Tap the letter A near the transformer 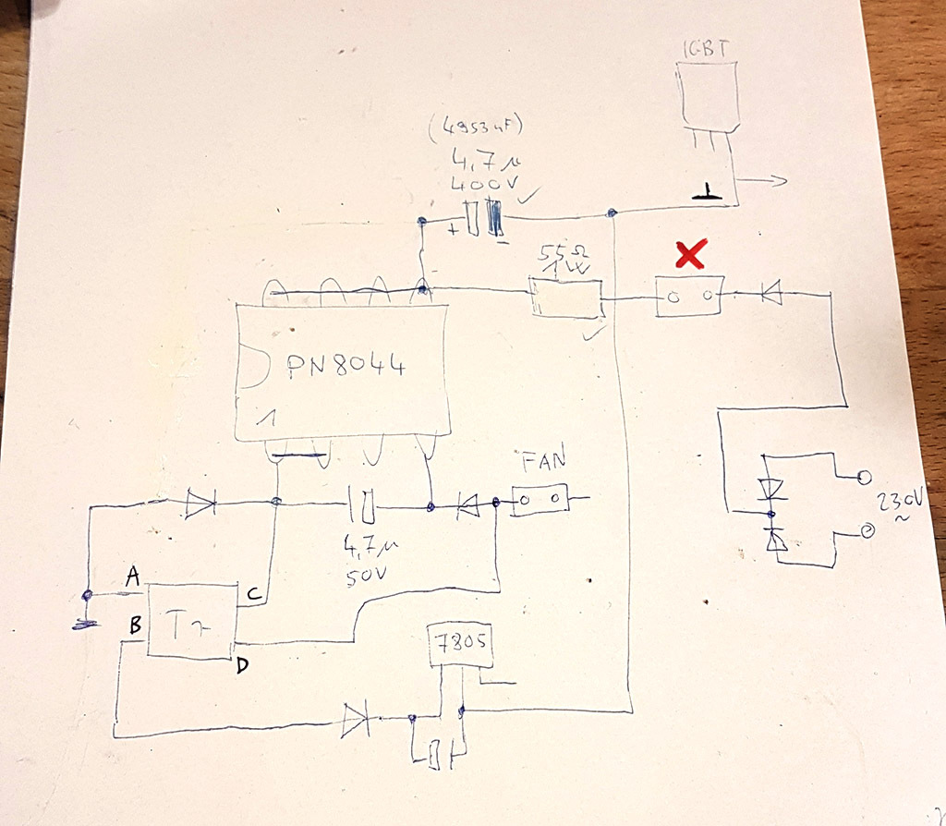coord(133,577)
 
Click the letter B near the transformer coord(134,625)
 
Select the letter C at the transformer coord(251,592)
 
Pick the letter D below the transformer coord(242,665)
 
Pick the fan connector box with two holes coord(540,501)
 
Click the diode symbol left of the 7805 coord(355,720)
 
